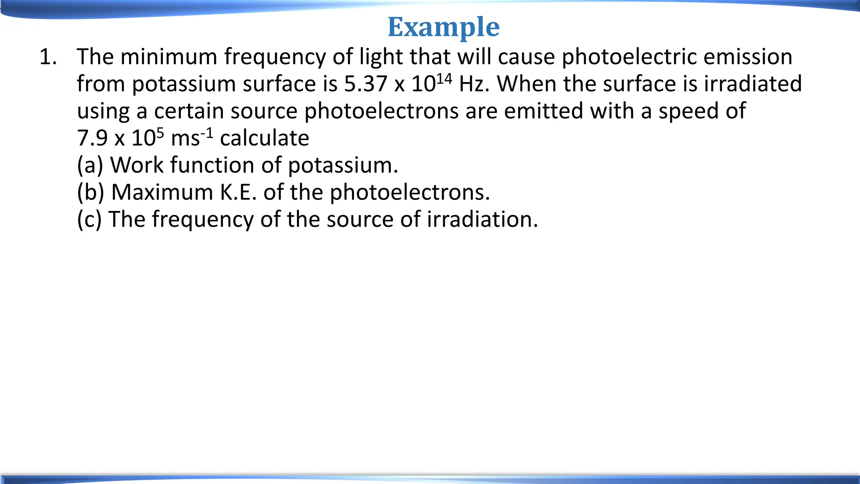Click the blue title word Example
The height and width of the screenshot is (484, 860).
pos(443,27)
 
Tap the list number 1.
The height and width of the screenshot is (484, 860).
pos(47,57)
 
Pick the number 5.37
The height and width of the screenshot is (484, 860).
pos(366,84)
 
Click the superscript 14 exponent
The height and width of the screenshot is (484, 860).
pos(444,78)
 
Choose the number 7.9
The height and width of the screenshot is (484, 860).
pos(92,138)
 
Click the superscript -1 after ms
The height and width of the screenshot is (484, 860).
pos(207,133)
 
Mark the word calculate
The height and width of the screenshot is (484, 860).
pos(265,138)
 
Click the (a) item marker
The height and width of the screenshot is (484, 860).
pos(90,165)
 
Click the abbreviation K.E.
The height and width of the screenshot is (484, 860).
pos(238,192)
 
